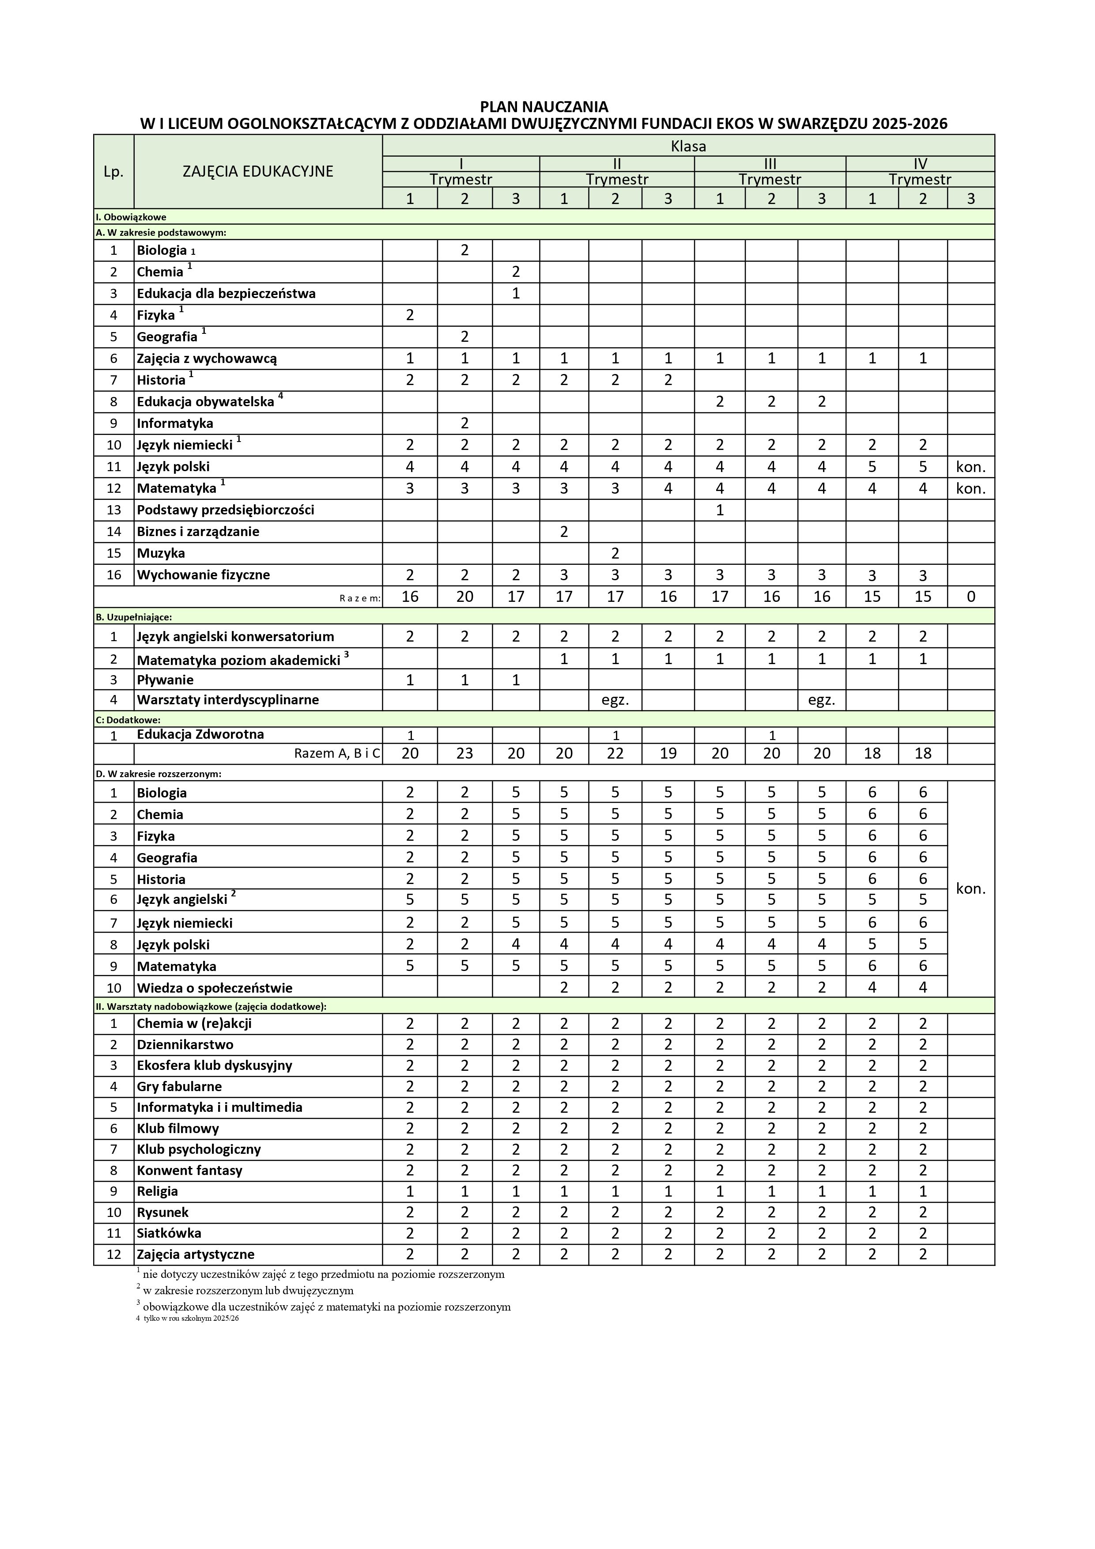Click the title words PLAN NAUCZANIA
544,106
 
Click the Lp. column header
113,172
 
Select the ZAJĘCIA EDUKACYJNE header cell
258,171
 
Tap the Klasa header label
688,146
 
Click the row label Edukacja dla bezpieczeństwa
226,294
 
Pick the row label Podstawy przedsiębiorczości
225,510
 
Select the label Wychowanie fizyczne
203,575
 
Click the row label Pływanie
165,680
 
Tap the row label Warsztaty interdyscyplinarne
227,699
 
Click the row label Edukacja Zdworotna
200,734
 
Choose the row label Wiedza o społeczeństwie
215,988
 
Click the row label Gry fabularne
179,1087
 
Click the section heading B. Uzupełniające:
134,616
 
